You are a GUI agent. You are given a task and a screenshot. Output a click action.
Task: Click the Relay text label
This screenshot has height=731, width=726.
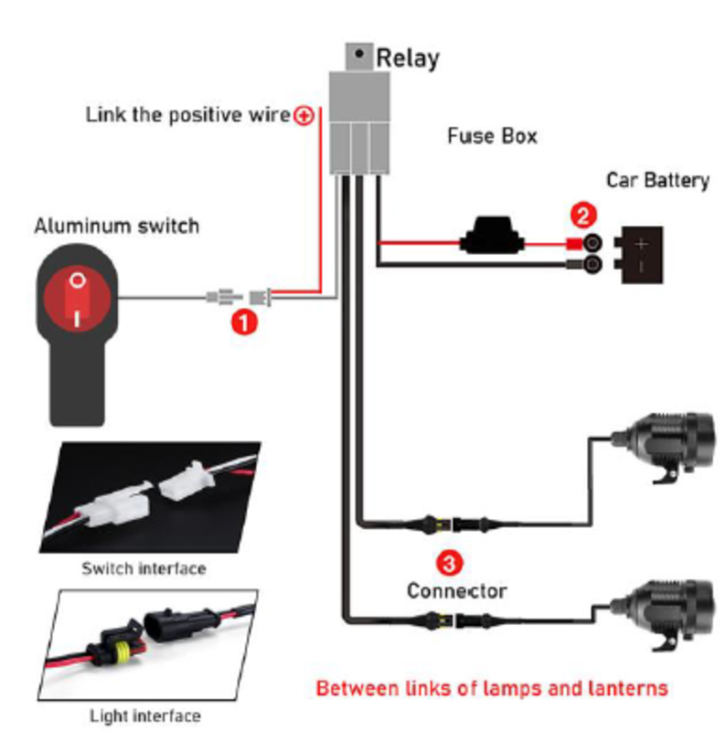click(x=408, y=58)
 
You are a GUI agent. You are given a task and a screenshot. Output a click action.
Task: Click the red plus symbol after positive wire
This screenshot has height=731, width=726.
click(x=304, y=115)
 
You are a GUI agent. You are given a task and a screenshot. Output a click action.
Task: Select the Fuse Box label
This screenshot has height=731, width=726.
click(x=492, y=137)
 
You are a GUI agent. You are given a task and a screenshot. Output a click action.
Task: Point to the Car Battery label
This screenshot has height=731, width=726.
click(x=657, y=179)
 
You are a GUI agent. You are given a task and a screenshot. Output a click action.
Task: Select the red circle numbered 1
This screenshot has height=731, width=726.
click(x=242, y=321)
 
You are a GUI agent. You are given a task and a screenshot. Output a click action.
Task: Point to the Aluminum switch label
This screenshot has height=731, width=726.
click(x=116, y=225)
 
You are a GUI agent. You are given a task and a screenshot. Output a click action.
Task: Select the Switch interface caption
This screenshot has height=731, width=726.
click(x=144, y=568)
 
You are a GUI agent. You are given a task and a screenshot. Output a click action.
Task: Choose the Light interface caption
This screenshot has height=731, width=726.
click(x=144, y=715)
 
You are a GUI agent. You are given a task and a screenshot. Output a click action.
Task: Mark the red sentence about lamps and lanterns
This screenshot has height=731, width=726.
click(x=491, y=687)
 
